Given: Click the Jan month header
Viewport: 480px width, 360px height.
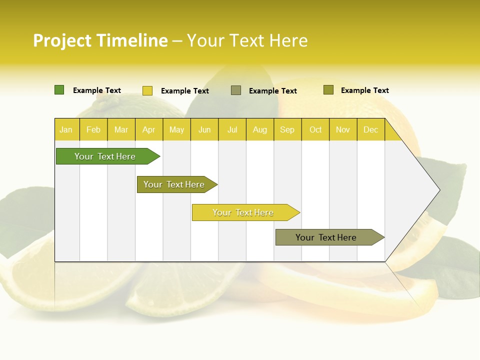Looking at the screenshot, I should pos(66,130).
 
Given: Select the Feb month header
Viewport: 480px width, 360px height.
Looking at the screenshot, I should pos(93,130).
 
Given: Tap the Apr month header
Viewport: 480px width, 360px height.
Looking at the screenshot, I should pos(148,130).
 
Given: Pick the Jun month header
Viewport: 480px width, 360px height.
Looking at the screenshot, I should pos(204,130).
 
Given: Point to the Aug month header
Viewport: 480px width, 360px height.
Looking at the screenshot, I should pos(259,130).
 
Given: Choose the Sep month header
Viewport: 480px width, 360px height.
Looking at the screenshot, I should pos(287,130).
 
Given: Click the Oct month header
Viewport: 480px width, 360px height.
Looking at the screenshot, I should pos(315,130).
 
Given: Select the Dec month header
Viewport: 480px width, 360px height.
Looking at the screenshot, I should pos(370,130).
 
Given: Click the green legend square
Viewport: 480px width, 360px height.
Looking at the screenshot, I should pos(59,90).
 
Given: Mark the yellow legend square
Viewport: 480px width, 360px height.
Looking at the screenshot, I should pos(147,90).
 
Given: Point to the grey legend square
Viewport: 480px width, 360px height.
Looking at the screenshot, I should pos(236,90).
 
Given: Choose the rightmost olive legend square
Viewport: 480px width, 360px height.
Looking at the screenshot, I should pos(328,90).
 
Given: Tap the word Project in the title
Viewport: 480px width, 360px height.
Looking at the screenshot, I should pos(62,40).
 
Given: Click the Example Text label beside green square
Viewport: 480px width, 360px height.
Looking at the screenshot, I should pos(97,90).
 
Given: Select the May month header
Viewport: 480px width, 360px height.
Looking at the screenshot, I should pos(176,130).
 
